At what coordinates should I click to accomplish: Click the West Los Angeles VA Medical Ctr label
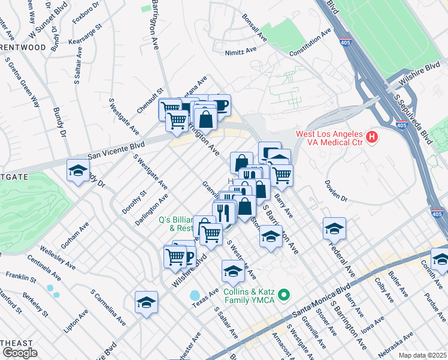coord(329,137)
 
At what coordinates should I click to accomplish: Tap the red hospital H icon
coord(373,137)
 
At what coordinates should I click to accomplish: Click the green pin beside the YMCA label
coord(286,294)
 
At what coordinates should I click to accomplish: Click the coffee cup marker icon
coord(219,104)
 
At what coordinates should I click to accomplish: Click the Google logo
coord(19,353)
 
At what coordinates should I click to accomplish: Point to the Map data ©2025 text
coord(423,355)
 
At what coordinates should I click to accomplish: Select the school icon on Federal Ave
coord(334,228)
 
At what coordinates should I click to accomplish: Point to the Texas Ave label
coord(206,296)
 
